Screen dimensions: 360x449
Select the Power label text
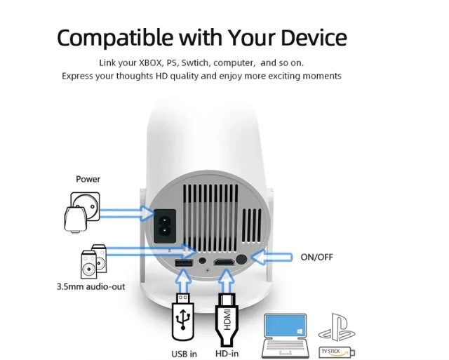click(x=88, y=179)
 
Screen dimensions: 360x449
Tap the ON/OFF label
click(x=316, y=258)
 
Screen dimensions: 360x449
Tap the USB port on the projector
click(x=184, y=262)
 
